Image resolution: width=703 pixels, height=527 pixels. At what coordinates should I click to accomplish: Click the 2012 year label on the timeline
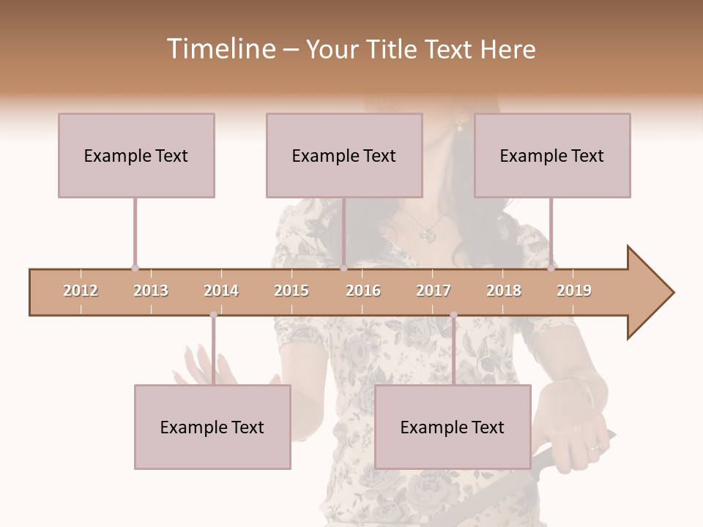pos(81,291)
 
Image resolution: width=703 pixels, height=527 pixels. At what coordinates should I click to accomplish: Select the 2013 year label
pos(151,291)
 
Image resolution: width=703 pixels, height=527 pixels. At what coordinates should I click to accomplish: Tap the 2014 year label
pos(221,291)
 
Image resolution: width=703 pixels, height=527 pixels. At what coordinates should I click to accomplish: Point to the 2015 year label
pos(291,291)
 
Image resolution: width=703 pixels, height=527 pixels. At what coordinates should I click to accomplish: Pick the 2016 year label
pos(363,291)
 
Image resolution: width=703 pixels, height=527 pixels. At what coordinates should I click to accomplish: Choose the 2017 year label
pos(434,291)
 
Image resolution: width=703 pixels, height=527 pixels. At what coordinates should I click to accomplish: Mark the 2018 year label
pos(504,291)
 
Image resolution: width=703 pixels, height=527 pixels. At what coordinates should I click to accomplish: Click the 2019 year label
pos(574,291)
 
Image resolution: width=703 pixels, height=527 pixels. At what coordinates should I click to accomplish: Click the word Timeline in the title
pos(220,49)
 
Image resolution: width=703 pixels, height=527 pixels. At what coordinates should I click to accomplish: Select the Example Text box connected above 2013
pos(136,155)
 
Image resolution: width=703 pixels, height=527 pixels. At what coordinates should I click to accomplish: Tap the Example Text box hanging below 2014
pos(212,427)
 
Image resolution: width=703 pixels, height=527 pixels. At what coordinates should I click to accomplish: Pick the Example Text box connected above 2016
pos(344,155)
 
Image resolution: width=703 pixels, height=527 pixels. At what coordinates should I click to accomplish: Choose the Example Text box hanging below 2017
pos(453,427)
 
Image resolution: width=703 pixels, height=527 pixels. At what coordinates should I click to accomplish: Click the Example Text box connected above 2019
pos(552,155)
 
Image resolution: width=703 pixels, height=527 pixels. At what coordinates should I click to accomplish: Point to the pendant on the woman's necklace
pos(428,235)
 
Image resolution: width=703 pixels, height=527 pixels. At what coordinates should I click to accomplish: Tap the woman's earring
pos(461,126)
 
